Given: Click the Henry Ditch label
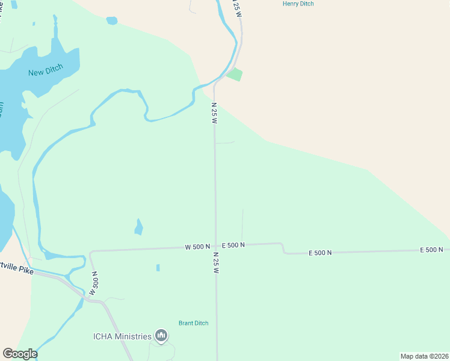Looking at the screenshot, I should pyautogui.click(x=298, y=4).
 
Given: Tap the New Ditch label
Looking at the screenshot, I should pyautogui.click(x=45, y=72).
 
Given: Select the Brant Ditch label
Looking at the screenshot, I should pyautogui.click(x=193, y=323).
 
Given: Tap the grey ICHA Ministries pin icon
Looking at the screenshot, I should pyautogui.click(x=161, y=335).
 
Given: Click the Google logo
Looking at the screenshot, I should pyautogui.click(x=20, y=354).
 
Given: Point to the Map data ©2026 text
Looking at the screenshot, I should pyautogui.click(x=424, y=356).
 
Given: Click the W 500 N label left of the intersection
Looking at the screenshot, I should pyautogui.click(x=197, y=247).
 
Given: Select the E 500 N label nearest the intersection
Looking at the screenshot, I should pyautogui.click(x=233, y=245).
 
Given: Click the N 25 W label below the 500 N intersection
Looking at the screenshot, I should pyautogui.click(x=214, y=262).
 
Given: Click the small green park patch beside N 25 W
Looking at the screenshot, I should pyautogui.click(x=235, y=75).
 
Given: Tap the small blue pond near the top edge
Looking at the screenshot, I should pyautogui.click(x=111, y=20).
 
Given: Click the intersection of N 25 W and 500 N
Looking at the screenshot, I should pyautogui.click(x=215, y=245).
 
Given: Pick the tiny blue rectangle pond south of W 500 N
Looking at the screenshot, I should pyautogui.click(x=158, y=268).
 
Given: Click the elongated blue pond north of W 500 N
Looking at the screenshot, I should pyautogui.click(x=139, y=227).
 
